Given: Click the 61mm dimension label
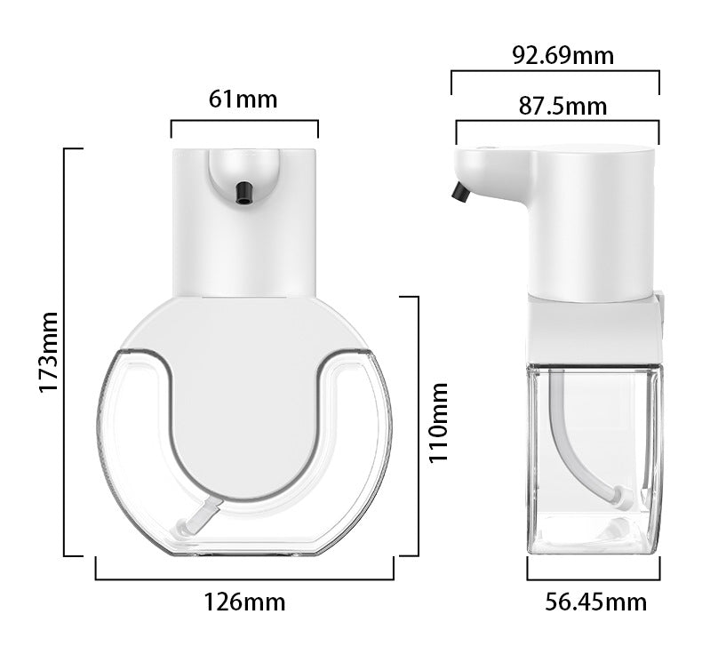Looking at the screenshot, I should coord(243,99).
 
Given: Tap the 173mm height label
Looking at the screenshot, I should coord(48,352).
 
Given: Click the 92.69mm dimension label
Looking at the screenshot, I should coord(562,55).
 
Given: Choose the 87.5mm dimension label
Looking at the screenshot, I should coord(562,107).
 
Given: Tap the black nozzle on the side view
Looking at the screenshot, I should coord(460,191).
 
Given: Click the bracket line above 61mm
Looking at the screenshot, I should coord(244,122).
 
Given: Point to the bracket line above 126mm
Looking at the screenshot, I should coord(244,579).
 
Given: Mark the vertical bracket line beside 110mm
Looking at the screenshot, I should coord(417,425).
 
